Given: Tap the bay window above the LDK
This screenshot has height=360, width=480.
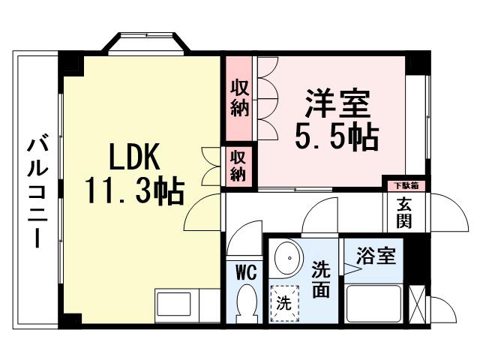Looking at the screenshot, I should point(147,43).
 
